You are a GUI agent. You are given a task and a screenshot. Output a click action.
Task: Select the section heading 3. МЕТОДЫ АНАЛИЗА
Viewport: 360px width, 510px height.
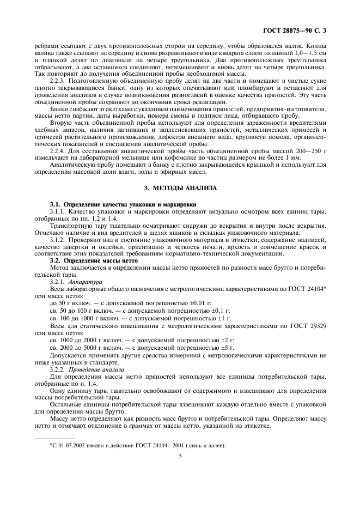180,188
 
